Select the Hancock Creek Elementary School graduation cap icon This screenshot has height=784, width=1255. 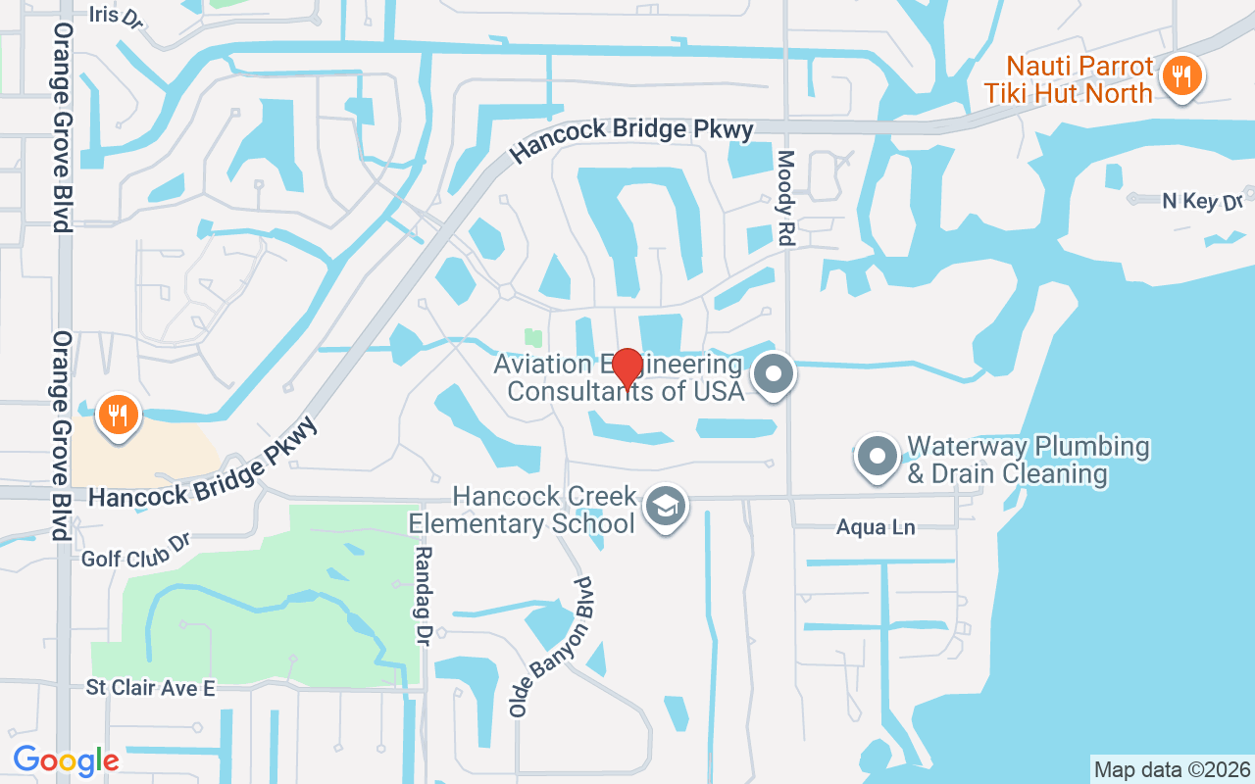pyautogui.click(x=667, y=507)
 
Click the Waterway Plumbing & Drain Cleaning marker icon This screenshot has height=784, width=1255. pyautogui.click(x=878, y=456)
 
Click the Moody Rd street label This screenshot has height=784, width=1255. pyautogui.click(x=786, y=198)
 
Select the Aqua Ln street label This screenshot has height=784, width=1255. pyautogui.click(x=876, y=528)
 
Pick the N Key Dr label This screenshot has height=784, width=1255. pyautogui.click(x=1202, y=201)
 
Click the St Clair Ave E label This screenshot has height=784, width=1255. pyautogui.click(x=150, y=688)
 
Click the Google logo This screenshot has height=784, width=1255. pyautogui.click(x=66, y=759)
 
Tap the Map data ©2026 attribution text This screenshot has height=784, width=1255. pyautogui.click(x=1172, y=769)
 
